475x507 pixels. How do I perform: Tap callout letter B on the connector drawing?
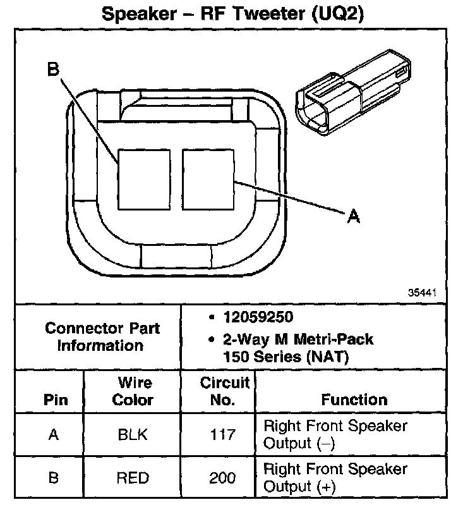(x=54, y=70)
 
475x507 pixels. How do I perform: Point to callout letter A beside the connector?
(x=354, y=217)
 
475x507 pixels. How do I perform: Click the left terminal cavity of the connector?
(x=144, y=179)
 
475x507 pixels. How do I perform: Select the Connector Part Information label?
(x=102, y=337)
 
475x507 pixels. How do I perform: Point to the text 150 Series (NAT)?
(x=286, y=357)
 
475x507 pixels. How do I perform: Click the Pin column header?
(x=56, y=400)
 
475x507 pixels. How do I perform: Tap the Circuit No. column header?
(x=224, y=391)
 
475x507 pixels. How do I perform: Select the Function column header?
(x=354, y=400)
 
